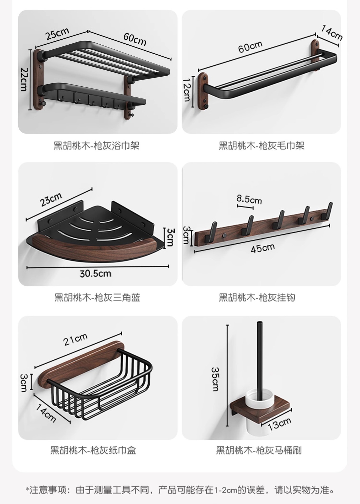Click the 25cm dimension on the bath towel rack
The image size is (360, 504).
57,34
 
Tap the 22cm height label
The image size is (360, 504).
24,79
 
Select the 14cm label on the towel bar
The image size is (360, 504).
331,33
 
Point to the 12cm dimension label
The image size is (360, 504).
187,90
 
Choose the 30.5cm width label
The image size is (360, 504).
96,274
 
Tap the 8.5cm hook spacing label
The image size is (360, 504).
249,199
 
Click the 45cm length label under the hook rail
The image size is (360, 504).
262,248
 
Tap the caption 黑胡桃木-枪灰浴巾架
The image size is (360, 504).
96,145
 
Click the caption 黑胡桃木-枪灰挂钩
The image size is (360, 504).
257,297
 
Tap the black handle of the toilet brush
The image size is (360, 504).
260,354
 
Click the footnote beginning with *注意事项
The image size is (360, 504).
180,490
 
